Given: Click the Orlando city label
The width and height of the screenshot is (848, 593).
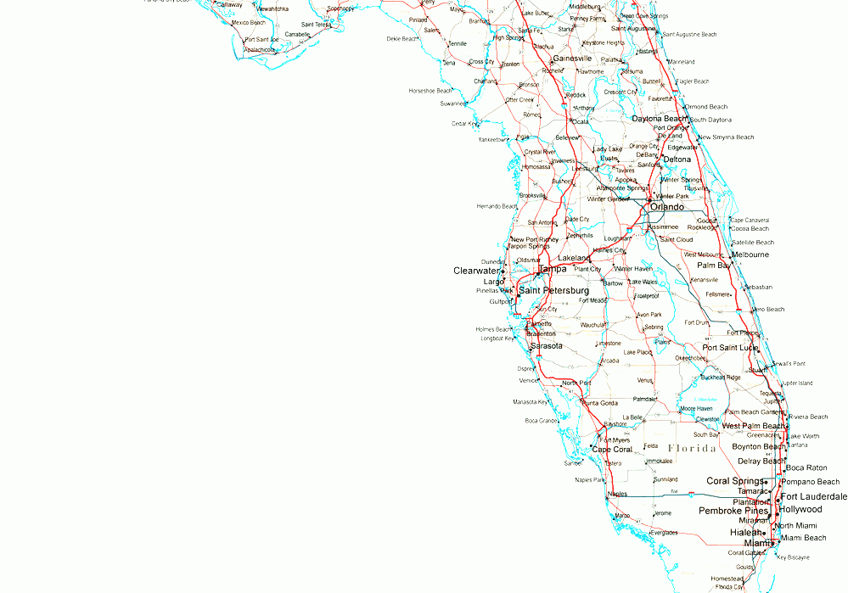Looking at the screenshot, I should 667,207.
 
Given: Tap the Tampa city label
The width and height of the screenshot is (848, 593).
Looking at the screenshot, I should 553,269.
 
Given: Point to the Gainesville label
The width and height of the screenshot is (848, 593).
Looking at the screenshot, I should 571,59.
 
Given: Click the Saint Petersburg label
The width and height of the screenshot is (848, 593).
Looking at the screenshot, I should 553,290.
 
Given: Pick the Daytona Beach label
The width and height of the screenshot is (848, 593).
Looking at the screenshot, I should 659,119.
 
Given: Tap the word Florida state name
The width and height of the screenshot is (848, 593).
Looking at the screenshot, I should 691,448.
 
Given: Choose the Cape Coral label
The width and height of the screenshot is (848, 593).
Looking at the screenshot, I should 612,450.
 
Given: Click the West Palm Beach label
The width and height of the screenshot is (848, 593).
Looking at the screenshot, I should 753,426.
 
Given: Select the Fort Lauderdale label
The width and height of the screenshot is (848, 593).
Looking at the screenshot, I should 814,496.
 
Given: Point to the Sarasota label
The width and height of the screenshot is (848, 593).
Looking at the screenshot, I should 546,346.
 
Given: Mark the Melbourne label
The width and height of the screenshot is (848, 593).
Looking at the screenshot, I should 750,255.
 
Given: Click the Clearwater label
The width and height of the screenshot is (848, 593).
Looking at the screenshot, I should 476,271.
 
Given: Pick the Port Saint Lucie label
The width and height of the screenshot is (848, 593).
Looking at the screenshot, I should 730,348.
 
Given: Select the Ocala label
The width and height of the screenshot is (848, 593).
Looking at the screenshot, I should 580,121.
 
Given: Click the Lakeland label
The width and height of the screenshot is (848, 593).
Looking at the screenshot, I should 574,258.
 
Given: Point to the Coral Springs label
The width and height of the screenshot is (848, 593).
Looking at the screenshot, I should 735,481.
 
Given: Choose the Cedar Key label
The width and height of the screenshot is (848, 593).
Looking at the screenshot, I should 464,124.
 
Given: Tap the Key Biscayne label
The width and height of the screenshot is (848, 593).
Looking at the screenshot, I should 793,557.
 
